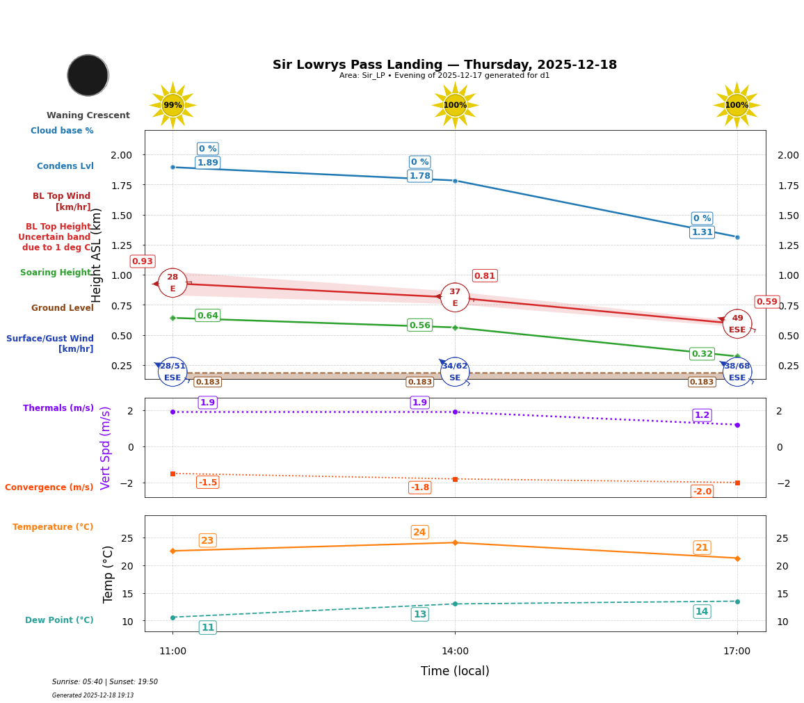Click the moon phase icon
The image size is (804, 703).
pos(88,75)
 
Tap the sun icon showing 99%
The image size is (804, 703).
pos(172,105)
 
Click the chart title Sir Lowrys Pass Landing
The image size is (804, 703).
pos(444,65)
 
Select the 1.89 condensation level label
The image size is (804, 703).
pos(207,163)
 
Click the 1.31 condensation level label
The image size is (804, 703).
pos(702,232)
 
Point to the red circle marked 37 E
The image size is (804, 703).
pos(455,297)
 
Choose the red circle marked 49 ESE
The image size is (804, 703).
pos(737,323)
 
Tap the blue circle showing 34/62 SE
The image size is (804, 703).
pos(455,371)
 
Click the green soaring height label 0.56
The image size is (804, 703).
pos(419,325)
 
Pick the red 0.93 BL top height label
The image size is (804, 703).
pos(142,261)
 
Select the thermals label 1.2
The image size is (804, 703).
pos(702,415)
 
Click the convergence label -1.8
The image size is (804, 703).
pos(419,487)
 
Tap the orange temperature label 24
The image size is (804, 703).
pos(419,533)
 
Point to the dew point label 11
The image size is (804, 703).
pos(207,628)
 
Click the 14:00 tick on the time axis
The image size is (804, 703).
pos(455,651)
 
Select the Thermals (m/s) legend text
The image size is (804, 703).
pos(58,408)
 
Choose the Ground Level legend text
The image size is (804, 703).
pos(62,308)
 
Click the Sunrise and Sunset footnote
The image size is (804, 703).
pos(105,682)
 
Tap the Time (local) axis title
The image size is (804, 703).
pos(455,671)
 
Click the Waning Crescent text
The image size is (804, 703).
pos(88,115)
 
